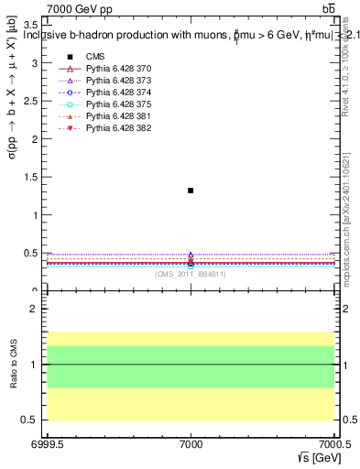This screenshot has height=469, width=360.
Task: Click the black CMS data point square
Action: tap(191, 191)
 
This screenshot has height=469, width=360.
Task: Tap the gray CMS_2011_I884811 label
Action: tap(191, 274)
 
